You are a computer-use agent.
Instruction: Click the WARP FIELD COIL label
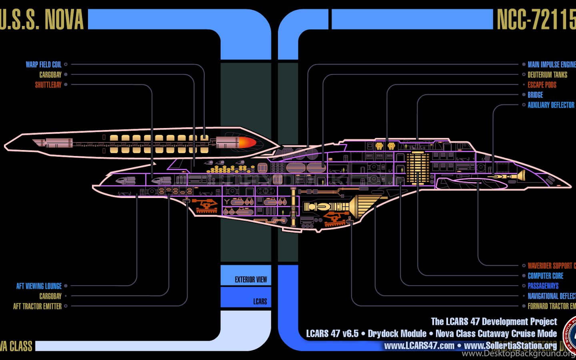(x=44, y=64)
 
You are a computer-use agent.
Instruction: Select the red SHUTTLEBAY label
(x=48, y=85)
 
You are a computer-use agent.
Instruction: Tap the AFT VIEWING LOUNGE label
(x=39, y=286)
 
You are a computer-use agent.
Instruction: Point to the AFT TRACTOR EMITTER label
(x=37, y=306)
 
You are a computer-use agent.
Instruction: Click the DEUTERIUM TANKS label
(x=547, y=75)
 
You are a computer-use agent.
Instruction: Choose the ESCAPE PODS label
(x=542, y=85)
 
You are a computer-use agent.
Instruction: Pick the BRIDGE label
(x=535, y=95)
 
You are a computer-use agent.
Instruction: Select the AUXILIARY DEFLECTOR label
(x=551, y=105)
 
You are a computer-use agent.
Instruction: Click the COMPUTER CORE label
(x=545, y=276)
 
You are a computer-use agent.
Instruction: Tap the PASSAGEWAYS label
(x=543, y=286)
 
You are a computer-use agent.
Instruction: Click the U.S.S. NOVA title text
(x=42, y=20)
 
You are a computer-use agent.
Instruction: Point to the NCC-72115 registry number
(x=536, y=20)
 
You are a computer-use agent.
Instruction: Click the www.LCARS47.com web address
(x=419, y=346)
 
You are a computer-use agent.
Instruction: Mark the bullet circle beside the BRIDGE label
(x=524, y=95)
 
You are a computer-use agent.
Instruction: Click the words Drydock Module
(x=397, y=334)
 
